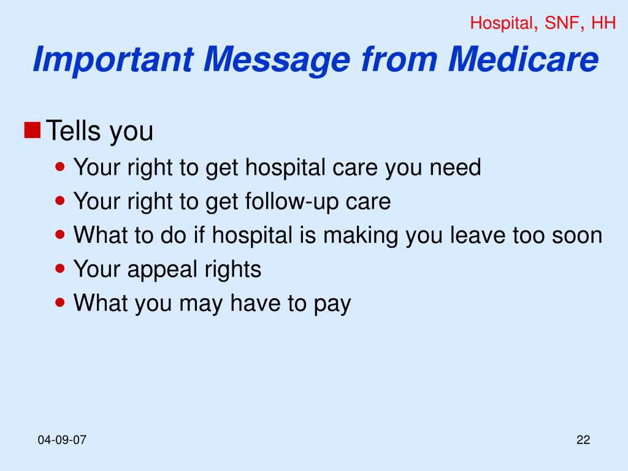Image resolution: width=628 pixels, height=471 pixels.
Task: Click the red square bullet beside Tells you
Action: pos(33,129)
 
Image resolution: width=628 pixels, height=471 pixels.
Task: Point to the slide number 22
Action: pos(583,440)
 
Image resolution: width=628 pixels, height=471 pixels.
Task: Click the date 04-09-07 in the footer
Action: pos(62,440)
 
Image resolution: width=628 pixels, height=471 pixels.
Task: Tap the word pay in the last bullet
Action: pos(334,304)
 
